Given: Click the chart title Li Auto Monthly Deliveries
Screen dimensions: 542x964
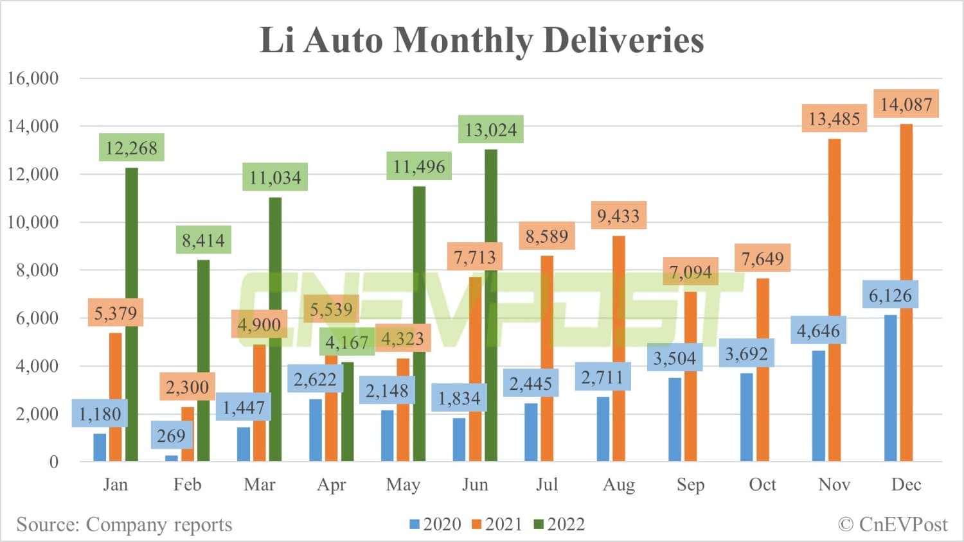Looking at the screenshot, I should pos(481,40).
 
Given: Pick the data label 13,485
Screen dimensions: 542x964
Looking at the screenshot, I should pos(834,119).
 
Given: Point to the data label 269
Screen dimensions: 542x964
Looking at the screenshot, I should pos(171,436).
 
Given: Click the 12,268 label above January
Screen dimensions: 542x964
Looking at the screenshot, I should pos(132,148).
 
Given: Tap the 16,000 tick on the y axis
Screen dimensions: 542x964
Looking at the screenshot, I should pos(33,78).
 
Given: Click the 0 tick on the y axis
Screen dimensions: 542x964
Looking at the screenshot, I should pos(53,462).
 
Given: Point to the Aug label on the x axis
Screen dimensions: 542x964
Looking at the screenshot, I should pos(618,485).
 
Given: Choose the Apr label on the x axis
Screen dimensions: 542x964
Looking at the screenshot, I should pos(332,485).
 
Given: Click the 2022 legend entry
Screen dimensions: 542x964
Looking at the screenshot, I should pos(559,525).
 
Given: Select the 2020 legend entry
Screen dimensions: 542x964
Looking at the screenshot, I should pos(435,525).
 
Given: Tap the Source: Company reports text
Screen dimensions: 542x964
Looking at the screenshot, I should pos(124,525).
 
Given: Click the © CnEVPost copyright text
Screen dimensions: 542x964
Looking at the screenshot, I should pos(893,525).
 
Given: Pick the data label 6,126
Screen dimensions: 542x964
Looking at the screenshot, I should pos(890,295).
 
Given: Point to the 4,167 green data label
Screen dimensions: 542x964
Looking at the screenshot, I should pos(346,342).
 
